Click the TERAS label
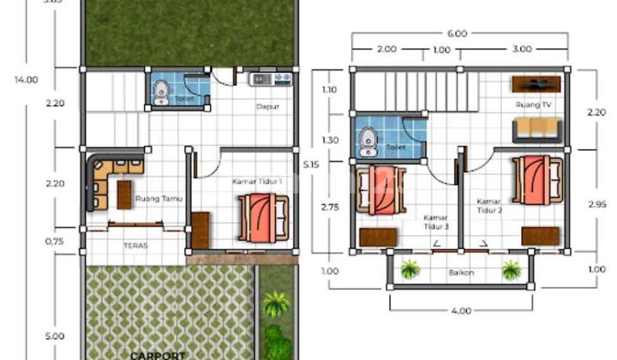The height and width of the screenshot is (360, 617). [135, 245]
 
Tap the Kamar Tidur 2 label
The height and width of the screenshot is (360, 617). [490, 207]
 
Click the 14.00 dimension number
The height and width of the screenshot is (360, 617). [26, 80]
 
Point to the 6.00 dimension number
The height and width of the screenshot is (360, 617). [457, 33]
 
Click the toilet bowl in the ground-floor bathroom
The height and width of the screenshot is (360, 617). [160, 90]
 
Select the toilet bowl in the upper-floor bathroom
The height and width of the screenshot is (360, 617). [368, 139]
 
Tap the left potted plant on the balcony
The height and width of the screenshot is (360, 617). [410, 271]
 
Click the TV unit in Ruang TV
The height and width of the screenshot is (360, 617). [536, 84]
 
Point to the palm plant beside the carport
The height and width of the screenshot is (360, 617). [275, 303]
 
